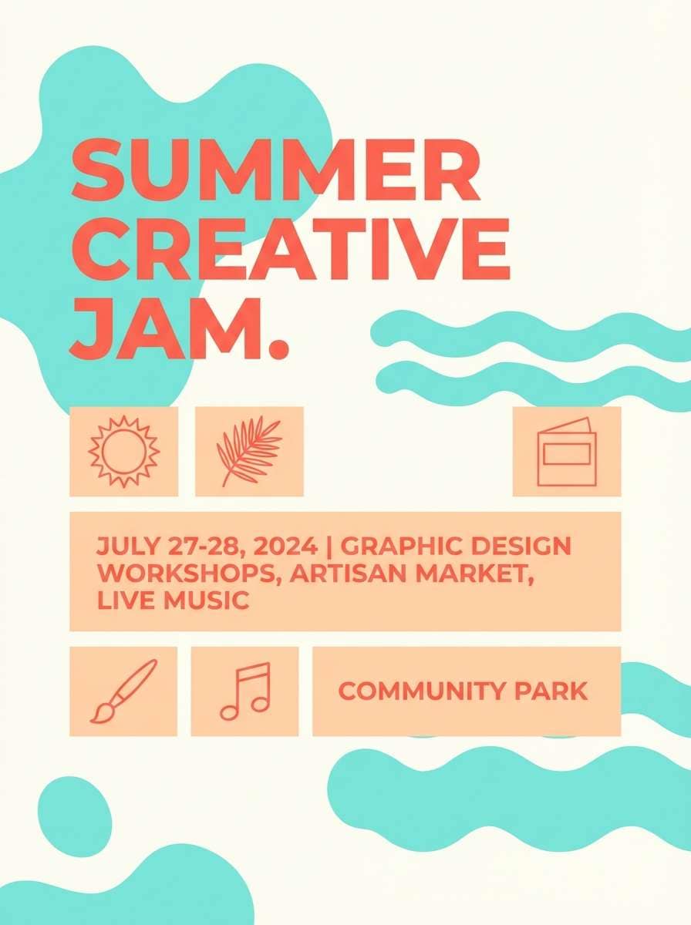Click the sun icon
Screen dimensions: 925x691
point(123,451)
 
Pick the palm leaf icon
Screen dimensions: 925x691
point(248,451)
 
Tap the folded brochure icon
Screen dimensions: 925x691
point(566,452)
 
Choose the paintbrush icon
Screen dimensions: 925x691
point(123,691)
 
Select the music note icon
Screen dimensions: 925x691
point(245,691)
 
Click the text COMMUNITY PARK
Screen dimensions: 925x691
point(463,691)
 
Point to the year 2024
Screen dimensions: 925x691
point(286,547)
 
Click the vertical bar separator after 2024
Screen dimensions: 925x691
point(329,547)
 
